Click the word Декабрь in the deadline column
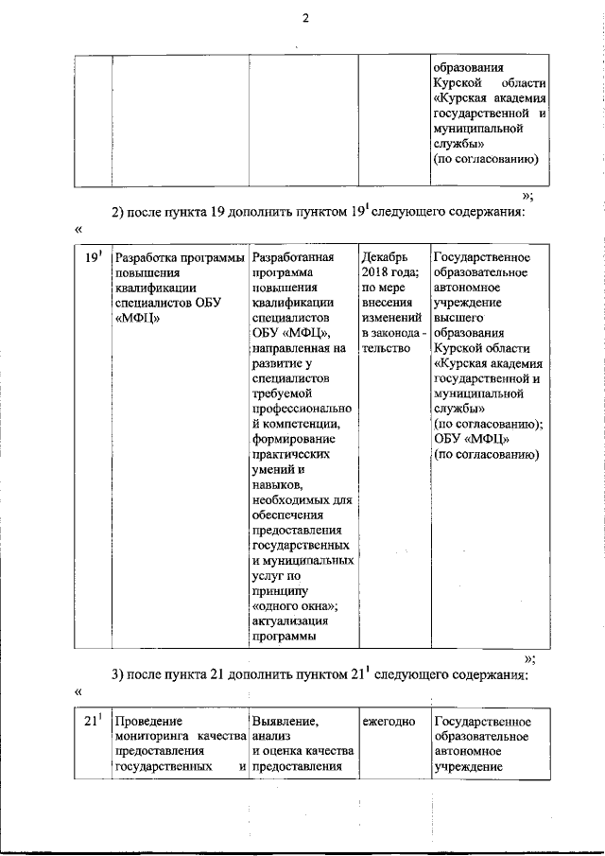tap(385, 257)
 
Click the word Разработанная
tap(294, 257)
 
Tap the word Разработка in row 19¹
tap(148, 258)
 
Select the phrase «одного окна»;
tap(296, 605)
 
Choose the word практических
tap(294, 454)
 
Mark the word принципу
tap(281, 590)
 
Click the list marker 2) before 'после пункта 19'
tap(119, 212)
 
